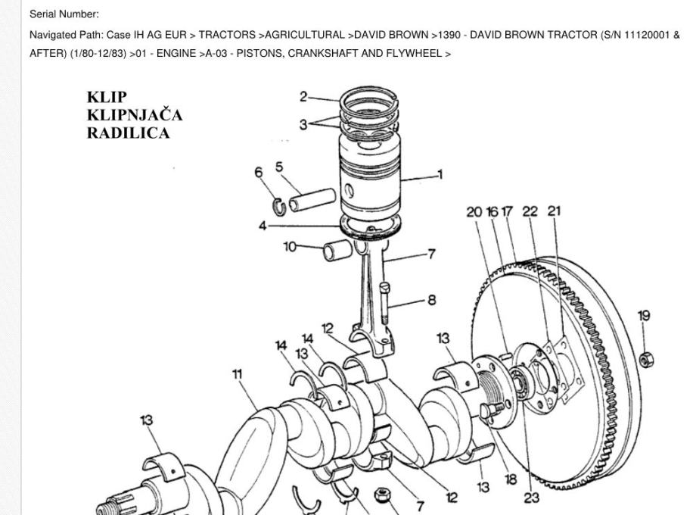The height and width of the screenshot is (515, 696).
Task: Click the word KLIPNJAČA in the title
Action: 135,115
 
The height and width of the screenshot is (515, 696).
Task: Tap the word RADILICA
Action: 128,133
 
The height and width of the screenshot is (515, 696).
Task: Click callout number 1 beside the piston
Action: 440,175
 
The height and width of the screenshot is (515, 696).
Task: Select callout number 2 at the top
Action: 303,96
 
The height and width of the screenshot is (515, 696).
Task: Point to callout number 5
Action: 279,167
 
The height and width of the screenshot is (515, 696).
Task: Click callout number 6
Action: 259,173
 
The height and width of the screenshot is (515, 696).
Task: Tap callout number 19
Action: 644,316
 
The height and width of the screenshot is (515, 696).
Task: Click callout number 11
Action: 238,373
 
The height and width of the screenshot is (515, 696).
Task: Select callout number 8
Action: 431,300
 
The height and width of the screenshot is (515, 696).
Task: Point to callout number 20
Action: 474,212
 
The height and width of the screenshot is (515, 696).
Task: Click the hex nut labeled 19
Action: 645,358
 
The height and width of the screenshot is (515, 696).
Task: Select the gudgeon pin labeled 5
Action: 311,201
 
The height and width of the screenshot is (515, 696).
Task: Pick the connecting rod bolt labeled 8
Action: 385,303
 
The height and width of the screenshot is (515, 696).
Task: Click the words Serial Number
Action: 64,14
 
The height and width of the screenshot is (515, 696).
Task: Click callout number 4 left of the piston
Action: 263,226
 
